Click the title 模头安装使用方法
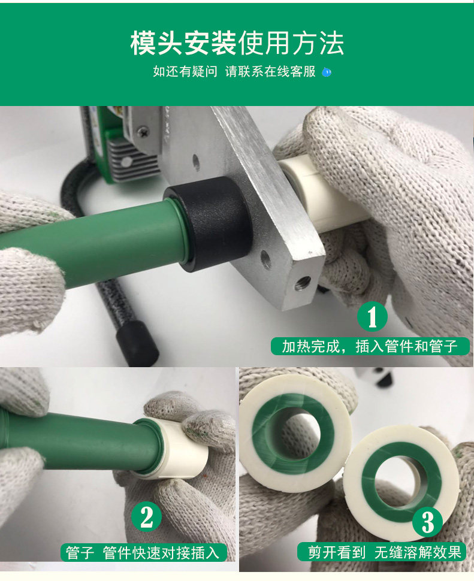237,43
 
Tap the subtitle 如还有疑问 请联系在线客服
234,71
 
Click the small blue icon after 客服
327,72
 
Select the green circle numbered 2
146,516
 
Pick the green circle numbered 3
428,522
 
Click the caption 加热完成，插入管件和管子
370,346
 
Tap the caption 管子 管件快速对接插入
143,552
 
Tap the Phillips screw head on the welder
142,131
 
